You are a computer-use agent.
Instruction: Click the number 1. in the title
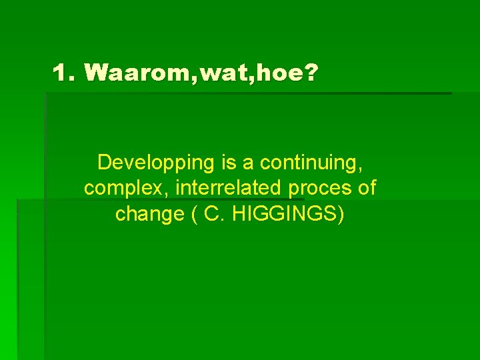pyautogui.click(x=65, y=73)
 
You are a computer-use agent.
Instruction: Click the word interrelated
pyautogui.click(x=228, y=188)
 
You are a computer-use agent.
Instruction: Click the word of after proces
pyautogui.click(x=367, y=188)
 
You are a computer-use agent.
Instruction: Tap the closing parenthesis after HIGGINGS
pyautogui.click(x=341, y=215)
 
